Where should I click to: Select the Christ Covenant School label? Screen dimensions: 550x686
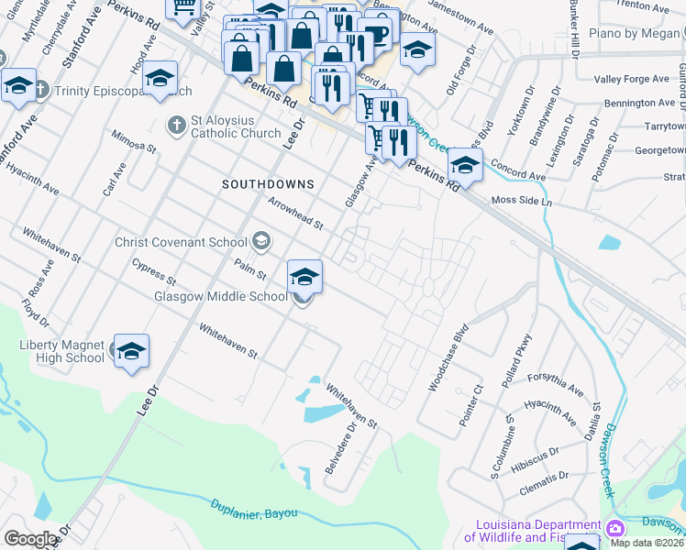click(x=181, y=242)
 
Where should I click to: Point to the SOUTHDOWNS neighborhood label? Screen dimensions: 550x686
click(x=268, y=184)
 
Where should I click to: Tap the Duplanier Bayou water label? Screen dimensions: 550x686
click(x=255, y=512)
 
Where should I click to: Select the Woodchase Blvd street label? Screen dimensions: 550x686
click(x=448, y=357)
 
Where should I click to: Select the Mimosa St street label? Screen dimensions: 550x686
click(x=134, y=140)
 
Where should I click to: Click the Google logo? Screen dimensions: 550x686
click(x=30, y=539)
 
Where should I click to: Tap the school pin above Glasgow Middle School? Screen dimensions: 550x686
click(x=305, y=276)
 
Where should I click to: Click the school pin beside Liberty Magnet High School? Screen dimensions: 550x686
click(x=131, y=351)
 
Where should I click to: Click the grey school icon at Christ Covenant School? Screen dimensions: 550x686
click(x=260, y=242)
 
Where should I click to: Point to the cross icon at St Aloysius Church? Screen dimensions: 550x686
click(x=176, y=122)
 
